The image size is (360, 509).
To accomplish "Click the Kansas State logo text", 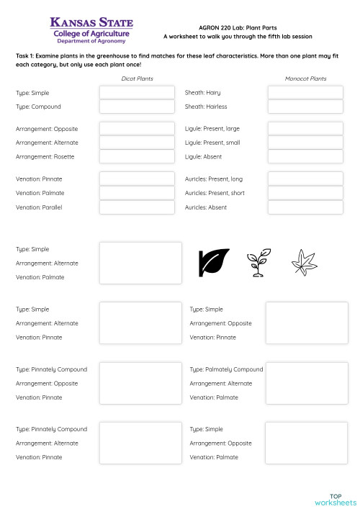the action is click(x=91, y=24).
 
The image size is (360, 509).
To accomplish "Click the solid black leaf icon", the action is click(x=213, y=263).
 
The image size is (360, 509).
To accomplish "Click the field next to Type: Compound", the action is click(x=137, y=107).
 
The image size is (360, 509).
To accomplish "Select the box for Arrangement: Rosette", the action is click(x=137, y=156).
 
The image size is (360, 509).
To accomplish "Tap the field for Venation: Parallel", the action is click(x=137, y=207).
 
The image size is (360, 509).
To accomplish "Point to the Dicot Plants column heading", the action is click(x=137, y=78).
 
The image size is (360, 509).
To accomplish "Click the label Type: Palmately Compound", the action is click(x=226, y=369).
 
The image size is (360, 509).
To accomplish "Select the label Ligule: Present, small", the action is click(x=212, y=143).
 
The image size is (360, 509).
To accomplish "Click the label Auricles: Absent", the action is click(x=206, y=207).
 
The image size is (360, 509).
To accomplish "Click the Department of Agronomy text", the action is click(x=91, y=42).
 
